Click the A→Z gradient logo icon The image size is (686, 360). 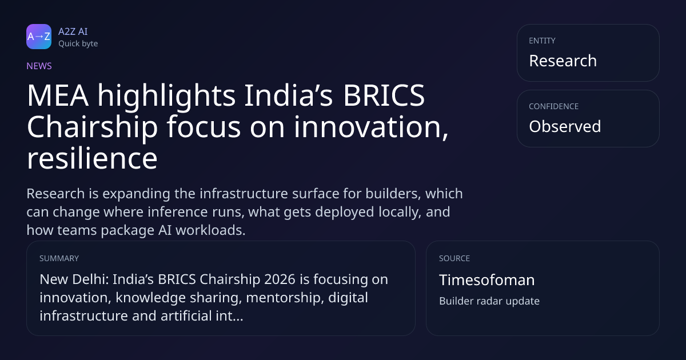pyautogui.click(x=39, y=37)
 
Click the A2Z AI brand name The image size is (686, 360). pyautogui.click(x=73, y=31)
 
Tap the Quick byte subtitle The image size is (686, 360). pyautogui.click(x=78, y=44)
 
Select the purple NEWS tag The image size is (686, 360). pyautogui.click(x=39, y=66)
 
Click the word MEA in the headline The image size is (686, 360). pyautogui.click(x=58, y=96)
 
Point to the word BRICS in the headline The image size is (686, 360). pyautogui.click(x=384, y=96)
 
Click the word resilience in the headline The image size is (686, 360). pyautogui.click(x=92, y=158)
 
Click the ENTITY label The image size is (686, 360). pyautogui.click(x=542, y=41)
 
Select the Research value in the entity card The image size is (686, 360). pyautogui.click(x=563, y=61)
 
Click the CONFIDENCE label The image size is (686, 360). pyautogui.click(x=554, y=106)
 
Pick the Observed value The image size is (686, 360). pyautogui.click(x=565, y=126)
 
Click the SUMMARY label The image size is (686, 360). pyautogui.click(x=59, y=258)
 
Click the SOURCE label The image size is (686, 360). pyautogui.click(x=454, y=258)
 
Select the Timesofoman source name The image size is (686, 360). pyautogui.click(x=487, y=280)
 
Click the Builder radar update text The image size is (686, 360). pyautogui.click(x=489, y=301)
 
